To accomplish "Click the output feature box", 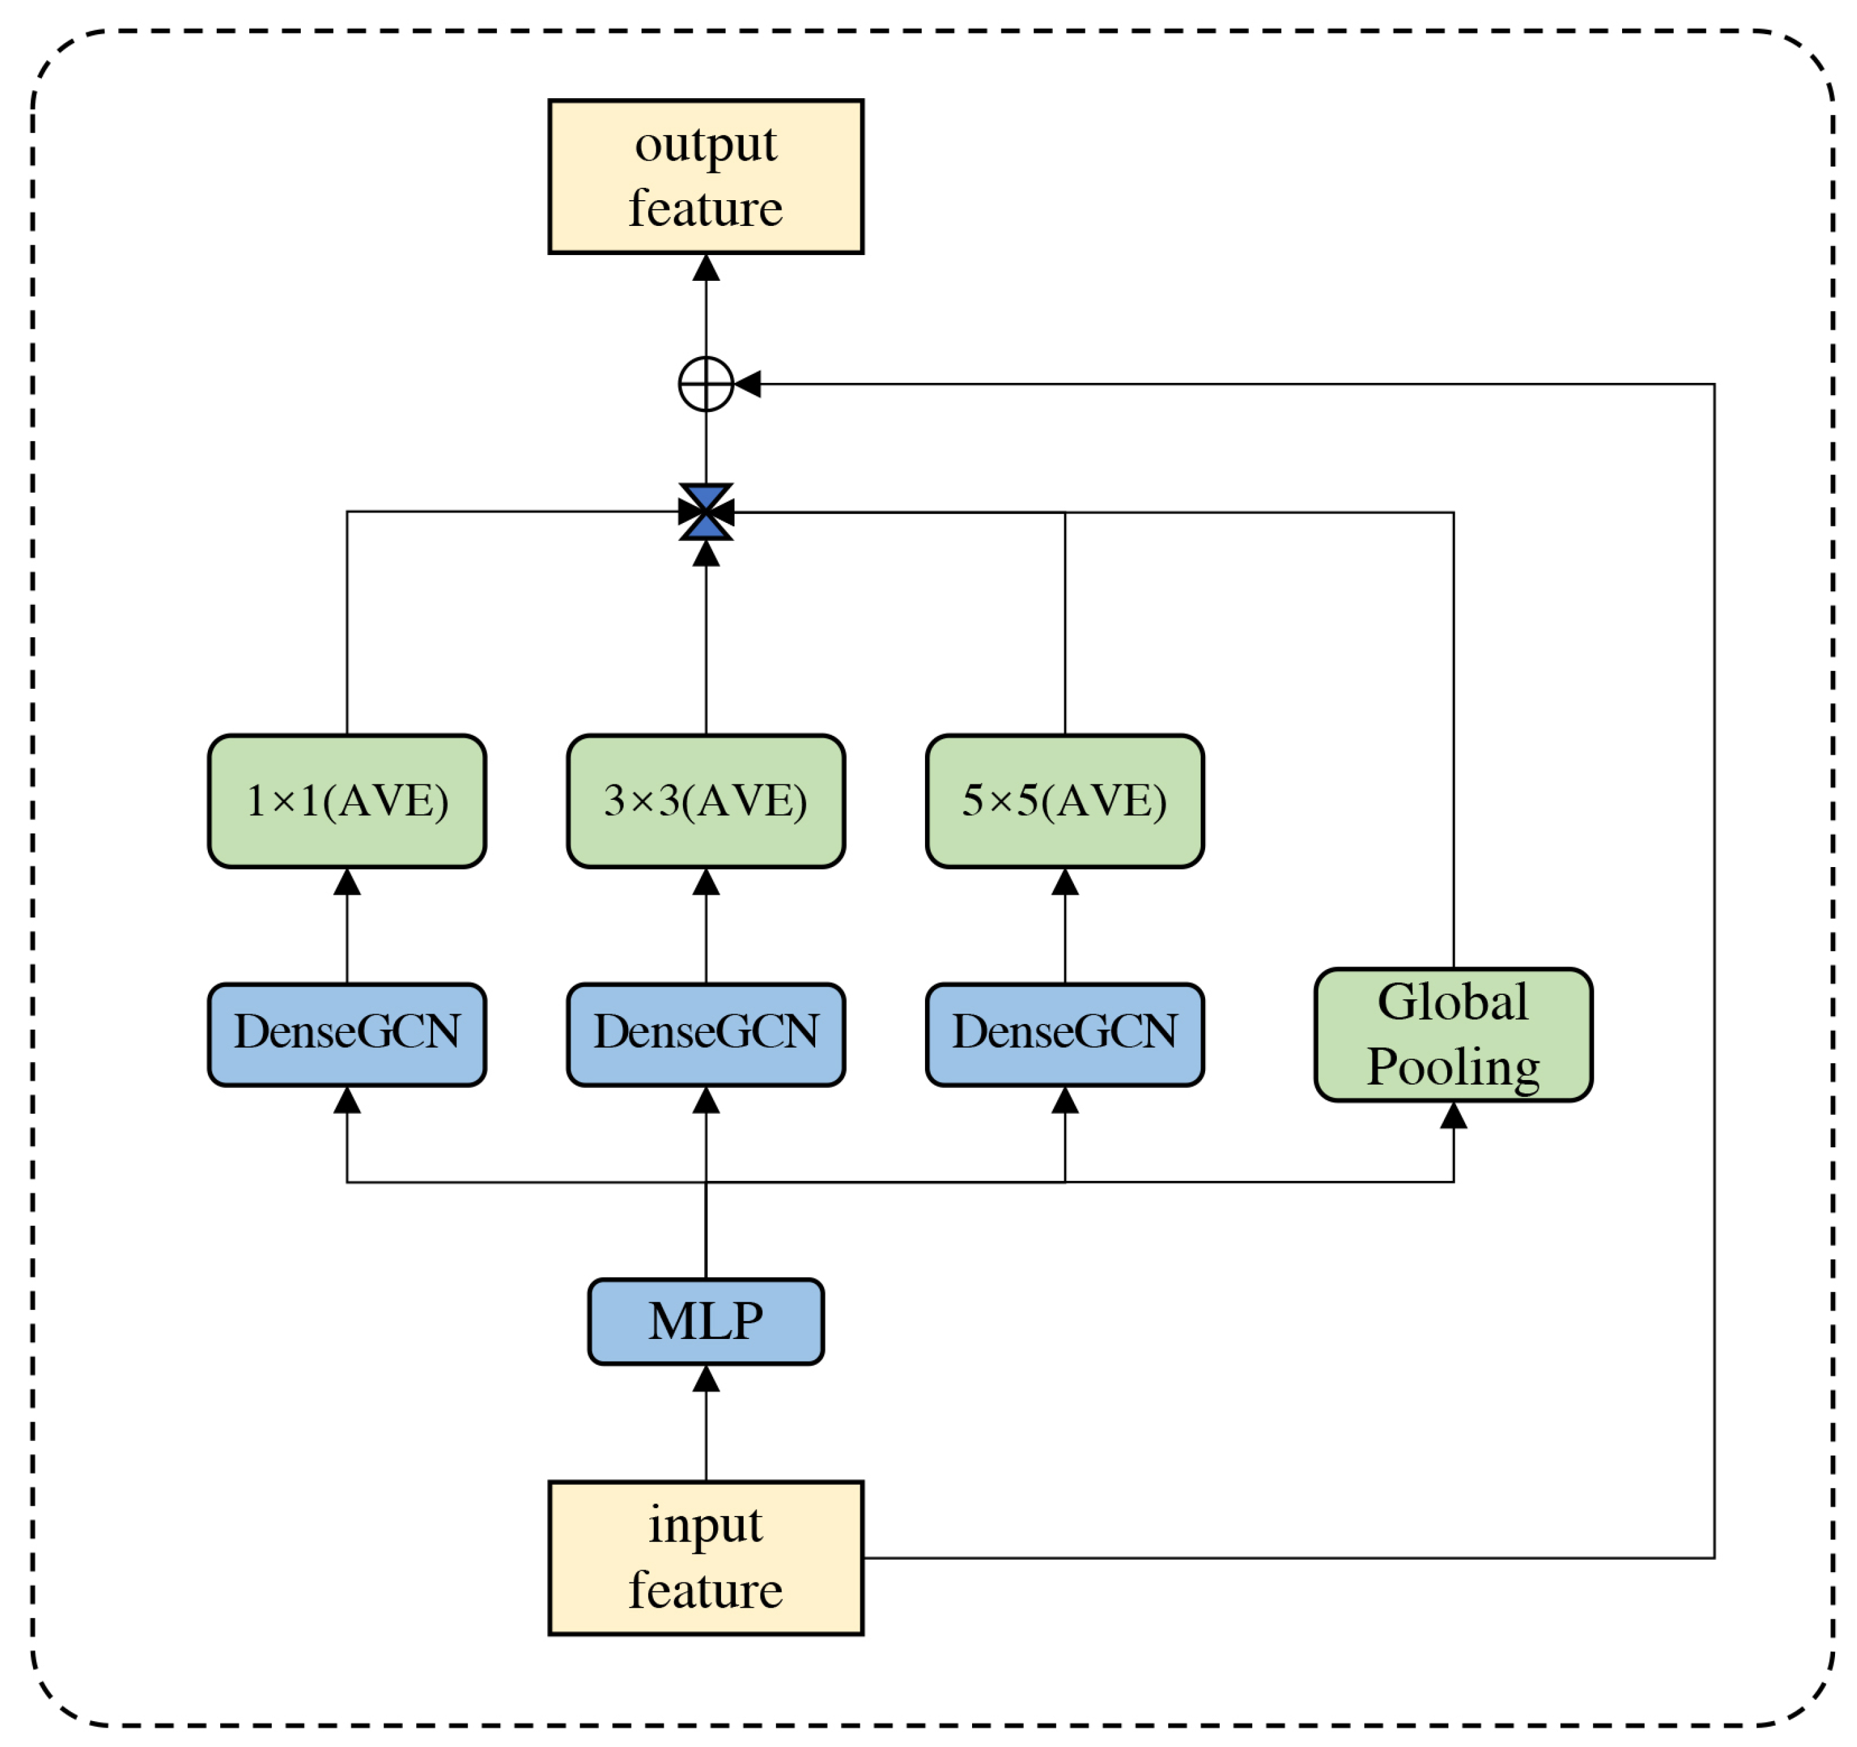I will pos(705,176).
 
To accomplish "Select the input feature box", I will pos(705,1558).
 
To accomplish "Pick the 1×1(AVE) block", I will pos(347,801).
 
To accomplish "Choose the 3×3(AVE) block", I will pos(705,801).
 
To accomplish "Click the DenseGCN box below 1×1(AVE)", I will pos(347,1034).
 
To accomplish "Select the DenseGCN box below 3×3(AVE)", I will pos(705,1034).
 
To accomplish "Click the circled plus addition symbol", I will pos(705,384).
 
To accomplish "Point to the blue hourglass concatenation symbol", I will pos(705,512).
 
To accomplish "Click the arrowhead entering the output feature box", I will pos(705,268).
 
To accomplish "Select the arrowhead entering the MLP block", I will pos(705,1379).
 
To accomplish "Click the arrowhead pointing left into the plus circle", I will pos(748,384).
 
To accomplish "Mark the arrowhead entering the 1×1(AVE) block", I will pos(347,882).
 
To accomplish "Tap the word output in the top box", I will pos(705,145).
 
